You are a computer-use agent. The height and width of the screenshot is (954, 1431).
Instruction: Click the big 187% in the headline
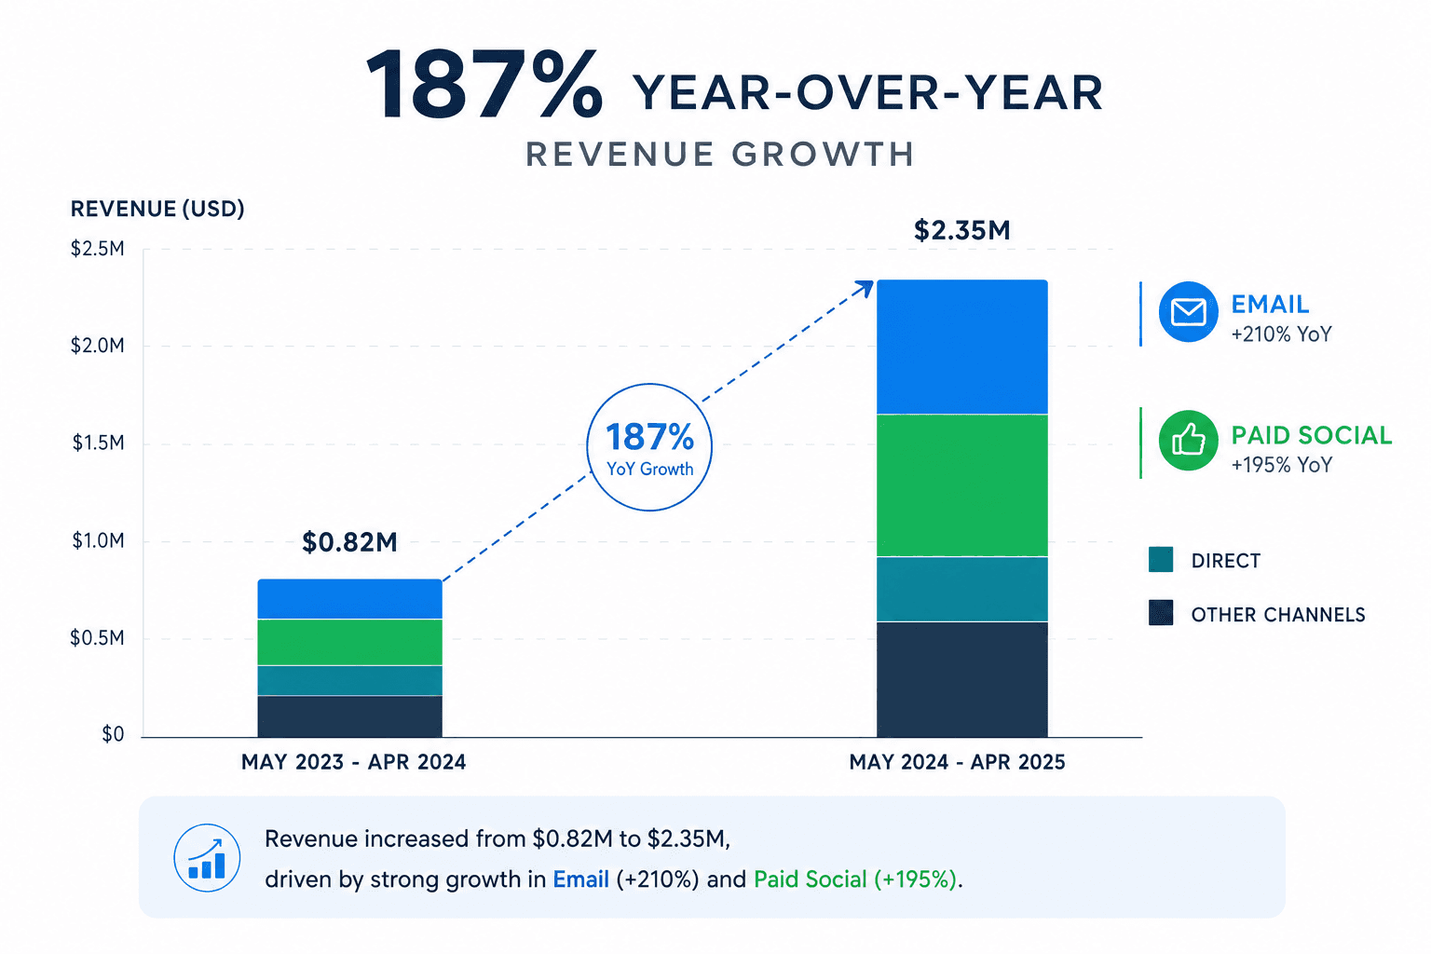tap(484, 84)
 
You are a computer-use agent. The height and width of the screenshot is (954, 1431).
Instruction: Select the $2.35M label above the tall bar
tap(962, 231)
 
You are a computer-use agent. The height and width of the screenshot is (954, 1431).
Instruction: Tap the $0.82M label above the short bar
tap(349, 542)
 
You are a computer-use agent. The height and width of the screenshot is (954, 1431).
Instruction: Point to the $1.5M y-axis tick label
tap(98, 443)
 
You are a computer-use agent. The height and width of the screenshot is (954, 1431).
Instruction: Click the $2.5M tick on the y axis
tap(98, 249)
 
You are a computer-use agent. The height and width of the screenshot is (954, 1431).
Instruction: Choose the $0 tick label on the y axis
tap(113, 735)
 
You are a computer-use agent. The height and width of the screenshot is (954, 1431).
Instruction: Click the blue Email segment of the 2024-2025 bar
tap(962, 347)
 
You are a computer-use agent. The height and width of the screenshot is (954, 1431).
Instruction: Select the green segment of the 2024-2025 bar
tap(962, 485)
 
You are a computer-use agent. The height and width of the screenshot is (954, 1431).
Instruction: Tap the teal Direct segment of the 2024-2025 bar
tap(962, 589)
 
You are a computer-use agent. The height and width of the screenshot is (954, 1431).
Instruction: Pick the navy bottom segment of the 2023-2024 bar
tap(349, 716)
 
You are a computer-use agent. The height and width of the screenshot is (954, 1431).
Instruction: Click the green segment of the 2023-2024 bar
tap(349, 642)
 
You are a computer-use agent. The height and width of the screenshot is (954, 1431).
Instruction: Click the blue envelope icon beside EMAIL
tap(1188, 312)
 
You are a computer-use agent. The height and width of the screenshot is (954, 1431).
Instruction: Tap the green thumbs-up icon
tap(1188, 441)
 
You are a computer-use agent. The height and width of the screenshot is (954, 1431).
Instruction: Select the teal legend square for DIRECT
tap(1161, 559)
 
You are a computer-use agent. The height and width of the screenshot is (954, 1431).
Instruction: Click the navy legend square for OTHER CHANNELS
tap(1161, 612)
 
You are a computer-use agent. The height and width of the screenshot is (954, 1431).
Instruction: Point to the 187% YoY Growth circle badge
tap(649, 385)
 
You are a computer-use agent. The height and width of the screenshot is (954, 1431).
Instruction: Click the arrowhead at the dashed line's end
tap(867, 287)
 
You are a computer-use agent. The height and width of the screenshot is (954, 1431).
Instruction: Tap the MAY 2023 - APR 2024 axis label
tap(353, 762)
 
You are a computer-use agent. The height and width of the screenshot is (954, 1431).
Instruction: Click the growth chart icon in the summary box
tap(207, 857)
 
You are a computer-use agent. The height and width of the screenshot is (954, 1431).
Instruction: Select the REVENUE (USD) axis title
tap(157, 209)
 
